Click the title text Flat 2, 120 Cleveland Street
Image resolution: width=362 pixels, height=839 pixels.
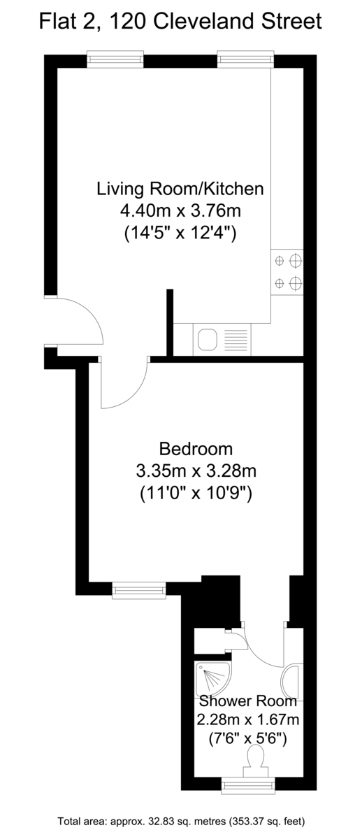(x=180, y=22)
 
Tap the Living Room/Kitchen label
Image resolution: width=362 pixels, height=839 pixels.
(x=180, y=189)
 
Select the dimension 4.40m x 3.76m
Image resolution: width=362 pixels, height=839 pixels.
(x=180, y=211)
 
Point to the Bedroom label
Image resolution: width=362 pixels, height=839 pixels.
(x=196, y=449)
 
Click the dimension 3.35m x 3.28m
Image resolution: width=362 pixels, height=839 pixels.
(x=196, y=471)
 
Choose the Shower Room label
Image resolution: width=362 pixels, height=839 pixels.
(x=248, y=701)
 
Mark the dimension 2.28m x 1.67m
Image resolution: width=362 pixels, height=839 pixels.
(x=248, y=719)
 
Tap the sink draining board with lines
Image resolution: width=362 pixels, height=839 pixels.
(x=236, y=340)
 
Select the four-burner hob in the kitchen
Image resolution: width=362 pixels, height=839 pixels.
(x=287, y=272)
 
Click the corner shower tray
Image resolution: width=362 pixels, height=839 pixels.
(x=212, y=680)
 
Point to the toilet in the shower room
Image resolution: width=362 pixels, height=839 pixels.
(x=256, y=761)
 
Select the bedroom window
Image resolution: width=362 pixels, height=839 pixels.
(x=139, y=590)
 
